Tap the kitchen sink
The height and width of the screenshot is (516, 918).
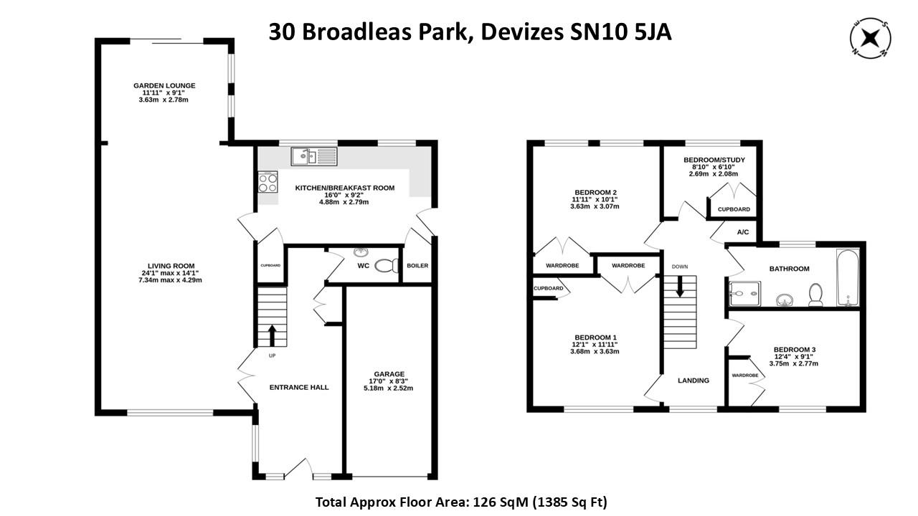click(x=313, y=156)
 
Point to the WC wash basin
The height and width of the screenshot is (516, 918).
click(x=361, y=253)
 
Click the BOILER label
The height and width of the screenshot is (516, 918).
click(x=417, y=266)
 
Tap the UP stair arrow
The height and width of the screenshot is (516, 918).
click(x=272, y=335)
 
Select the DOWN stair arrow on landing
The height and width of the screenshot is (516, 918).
click(x=680, y=288)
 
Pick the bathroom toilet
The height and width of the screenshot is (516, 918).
click(x=815, y=295)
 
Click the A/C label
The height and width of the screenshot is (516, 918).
click(x=742, y=232)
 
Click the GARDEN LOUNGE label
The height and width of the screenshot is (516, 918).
click(x=164, y=86)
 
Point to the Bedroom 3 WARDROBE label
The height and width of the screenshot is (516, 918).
click(x=745, y=376)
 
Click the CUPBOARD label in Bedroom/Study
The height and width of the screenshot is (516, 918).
click(x=734, y=210)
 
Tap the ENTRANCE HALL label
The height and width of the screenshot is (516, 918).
click(x=299, y=388)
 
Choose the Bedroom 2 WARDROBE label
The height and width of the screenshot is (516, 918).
click(x=563, y=266)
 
